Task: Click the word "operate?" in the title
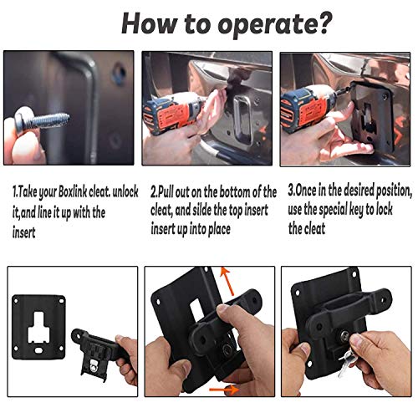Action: (275, 24)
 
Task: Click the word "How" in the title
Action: (149, 23)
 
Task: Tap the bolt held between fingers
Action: (42, 121)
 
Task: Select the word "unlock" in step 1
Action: (125, 191)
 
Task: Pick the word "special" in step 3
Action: (332, 210)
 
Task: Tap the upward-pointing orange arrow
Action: (227, 281)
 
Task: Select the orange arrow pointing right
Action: (224, 390)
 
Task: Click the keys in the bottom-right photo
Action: (345, 361)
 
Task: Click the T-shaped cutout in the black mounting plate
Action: (38, 328)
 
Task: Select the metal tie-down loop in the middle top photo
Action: (242, 120)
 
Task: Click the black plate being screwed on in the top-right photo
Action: (373, 117)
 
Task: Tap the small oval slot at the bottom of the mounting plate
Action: (38, 350)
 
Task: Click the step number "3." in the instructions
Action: (292, 191)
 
